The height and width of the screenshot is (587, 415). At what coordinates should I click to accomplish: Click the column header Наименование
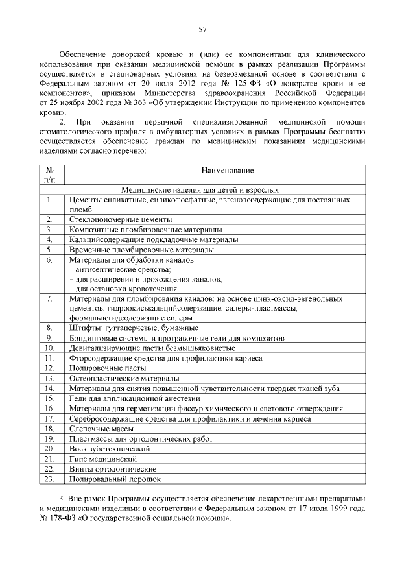pyautogui.click(x=227, y=171)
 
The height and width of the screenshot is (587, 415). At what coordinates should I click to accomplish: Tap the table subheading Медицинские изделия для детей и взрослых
pyautogui.click(x=202, y=190)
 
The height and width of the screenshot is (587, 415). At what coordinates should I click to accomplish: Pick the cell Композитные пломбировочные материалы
pyautogui.click(x=145, y=230)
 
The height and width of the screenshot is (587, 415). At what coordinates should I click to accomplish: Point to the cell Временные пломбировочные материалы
pyautogui.click(x=141, y=250)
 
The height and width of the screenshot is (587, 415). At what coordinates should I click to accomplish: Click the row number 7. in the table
pyautogui.click(x=49, y=298)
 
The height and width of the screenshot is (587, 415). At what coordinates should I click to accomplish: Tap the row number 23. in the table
pyautogui.click(x=49, y=479)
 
